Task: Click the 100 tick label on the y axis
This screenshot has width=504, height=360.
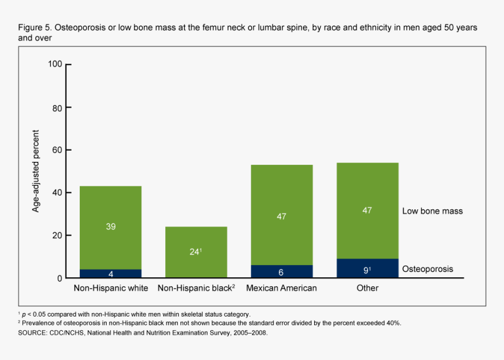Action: click(x=55, y=64)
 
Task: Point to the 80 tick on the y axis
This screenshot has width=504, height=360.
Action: click(x=57, y=108)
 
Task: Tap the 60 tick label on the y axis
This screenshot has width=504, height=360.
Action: click(x=57, y=150)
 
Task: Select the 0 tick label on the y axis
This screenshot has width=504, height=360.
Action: click(x=59, y=278)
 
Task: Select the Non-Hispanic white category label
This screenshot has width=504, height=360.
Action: click(x=111, y=288)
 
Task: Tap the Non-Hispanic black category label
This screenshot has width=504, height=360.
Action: click(x=196, y=288)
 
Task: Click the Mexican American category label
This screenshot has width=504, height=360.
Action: click(x=281, y=288)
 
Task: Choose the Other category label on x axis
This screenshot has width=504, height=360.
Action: click(x=367, y=288)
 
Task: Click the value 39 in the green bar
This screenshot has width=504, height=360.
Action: click(x=111, y=226)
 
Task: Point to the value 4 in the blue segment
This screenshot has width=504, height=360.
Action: click(x=111, y=273)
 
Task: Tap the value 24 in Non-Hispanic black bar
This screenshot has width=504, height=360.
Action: click(x=195, y=252)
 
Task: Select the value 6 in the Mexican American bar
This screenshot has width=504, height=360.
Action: click(x=281, y=272)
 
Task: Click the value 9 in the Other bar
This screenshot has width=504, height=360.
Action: click(x=366, y=270)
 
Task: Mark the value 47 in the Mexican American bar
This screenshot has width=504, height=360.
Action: click(x=281, y=216)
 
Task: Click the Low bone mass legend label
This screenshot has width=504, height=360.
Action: click(x=433, y=210)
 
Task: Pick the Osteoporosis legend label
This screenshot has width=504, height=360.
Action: click(x=428, y=269)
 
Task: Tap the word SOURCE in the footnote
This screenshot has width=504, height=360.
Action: click(x=34, y=332)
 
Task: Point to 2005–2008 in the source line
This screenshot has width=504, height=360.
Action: click(x=248, y=332)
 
